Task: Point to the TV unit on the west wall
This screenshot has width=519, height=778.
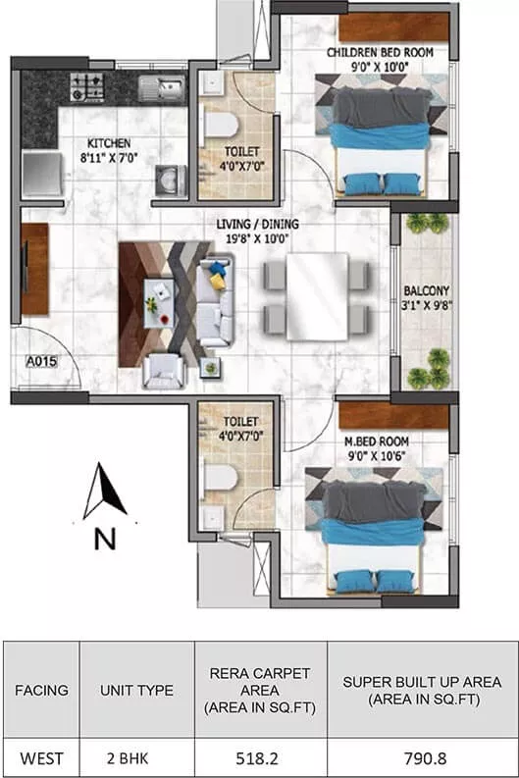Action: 34,269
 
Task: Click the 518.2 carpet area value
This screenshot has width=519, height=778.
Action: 260,756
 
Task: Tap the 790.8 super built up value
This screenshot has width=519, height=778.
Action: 423,756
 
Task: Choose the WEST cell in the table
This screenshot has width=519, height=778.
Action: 41,756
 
